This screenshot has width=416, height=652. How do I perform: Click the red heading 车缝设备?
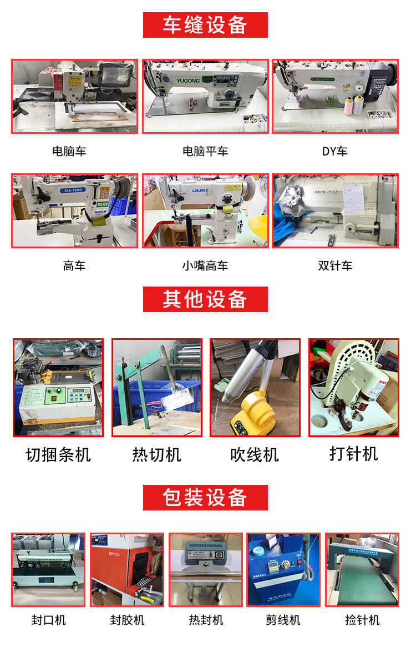(x=205, y=25)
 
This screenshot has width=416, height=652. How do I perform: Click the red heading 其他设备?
(x=205, y=299)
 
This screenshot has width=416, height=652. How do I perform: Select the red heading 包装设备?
(x=205, y=497)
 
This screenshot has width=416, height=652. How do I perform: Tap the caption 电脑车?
(x=69, y=151)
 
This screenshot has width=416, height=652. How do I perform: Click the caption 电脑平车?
(x=205, y=151)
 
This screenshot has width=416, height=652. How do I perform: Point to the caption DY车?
(x=334, y=151)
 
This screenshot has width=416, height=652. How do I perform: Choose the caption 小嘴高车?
(x=205, y=265)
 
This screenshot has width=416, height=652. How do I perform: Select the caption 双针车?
(x=335, y=265)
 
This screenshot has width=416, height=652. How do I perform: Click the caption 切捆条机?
(x=58, y=455)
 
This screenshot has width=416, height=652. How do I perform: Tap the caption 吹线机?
(x=255, y=455)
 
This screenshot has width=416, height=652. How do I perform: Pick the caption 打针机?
(x=353, y=454)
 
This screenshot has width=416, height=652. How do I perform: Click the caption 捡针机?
(x=362, y=620)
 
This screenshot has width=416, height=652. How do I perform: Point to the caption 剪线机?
(x=283, y=620)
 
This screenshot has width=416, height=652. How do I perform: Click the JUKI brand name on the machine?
(x=201, y=189)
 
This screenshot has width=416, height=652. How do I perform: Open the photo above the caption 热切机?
(x=157, y=388)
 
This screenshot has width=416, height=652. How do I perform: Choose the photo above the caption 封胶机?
(x=127, y=570)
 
